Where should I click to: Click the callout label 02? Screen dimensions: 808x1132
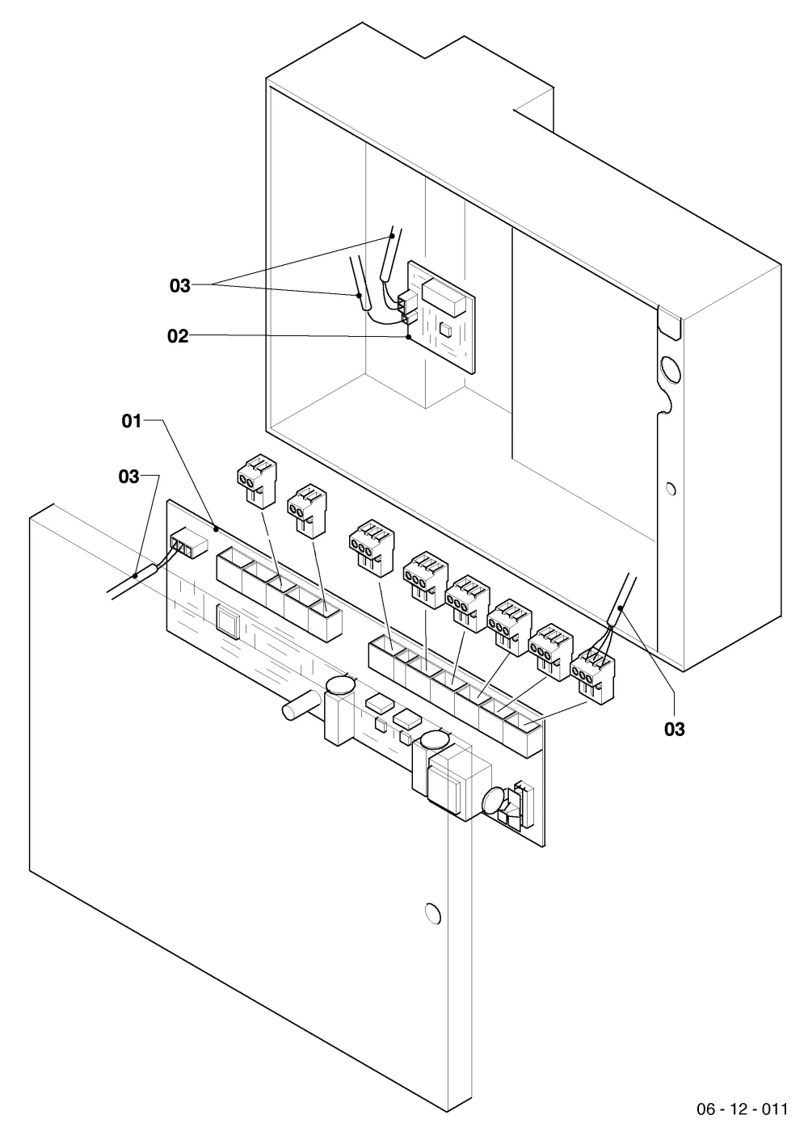click(x=178, y=336)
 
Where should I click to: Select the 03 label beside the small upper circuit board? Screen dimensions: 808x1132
click(x=180, y=286)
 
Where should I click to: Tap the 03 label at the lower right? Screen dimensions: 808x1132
click(x=675, y=730)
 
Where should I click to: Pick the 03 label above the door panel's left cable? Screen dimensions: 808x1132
click(x=128, y=477)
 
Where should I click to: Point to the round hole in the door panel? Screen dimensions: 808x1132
click(x=432, y=913)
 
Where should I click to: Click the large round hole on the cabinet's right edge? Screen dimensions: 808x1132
click(x=671, y=370)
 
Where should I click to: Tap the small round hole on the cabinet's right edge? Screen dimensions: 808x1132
click(x=671, y=489)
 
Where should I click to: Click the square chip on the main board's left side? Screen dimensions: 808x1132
click(x=227, y=618)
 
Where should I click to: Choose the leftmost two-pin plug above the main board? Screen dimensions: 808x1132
click(x=257, y=481)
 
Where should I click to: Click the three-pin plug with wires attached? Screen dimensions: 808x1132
click(x=593, y=675)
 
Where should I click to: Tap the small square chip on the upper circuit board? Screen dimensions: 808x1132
click(x=447, y=329)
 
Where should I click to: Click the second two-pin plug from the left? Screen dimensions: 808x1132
click(x=307, y=511)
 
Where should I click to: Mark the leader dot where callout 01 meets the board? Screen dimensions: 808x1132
click(x=217, y=529)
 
